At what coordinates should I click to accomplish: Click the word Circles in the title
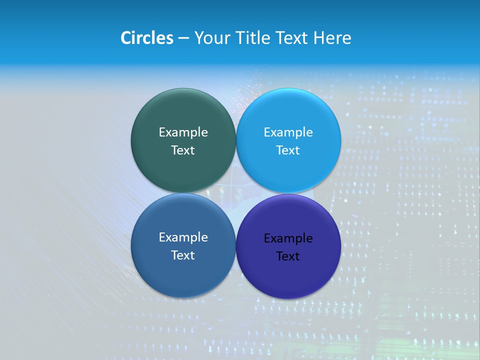pyautogui.click(x=147, y=38)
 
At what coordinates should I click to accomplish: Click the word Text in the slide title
pyautogui.click(x=292, y=38)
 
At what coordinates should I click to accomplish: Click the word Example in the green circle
pyautogui.click(x=183, y=132)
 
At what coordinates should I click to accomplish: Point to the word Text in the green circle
pyautogui.click(x=183, y=150)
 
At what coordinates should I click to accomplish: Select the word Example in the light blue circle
pyautogui.click(x=288, y=132)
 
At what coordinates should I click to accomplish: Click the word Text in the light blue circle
pyautogui.click(x=288, y=150)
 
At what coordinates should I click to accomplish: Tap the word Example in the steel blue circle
pyautogui.click(x=183, y=237)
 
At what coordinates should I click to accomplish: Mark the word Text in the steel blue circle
pyautogui.click(x=183, y=255)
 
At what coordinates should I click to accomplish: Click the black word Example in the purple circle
pyautogui.click(x=288, y=238)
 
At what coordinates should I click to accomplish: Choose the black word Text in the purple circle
pyautogui.click(x=288, y=256)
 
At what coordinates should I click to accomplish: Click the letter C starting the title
pyautogui.click(x=126, y=38)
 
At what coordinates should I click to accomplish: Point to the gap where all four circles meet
pyautogui.click(x=236, y=193)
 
